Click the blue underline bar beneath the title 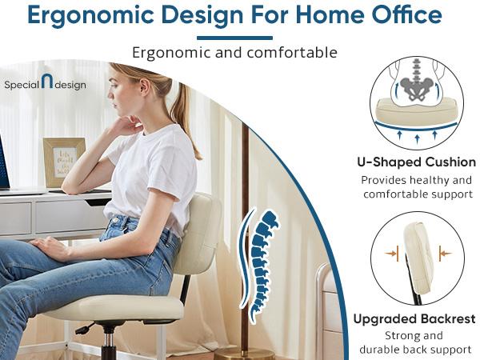coord(234,38)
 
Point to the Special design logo coord(45,84)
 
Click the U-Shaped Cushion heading coord(416,162)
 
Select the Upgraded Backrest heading coord(412,319)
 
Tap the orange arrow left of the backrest coord(391,254)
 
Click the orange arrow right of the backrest coord(444,254)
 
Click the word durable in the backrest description coord(386,350)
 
